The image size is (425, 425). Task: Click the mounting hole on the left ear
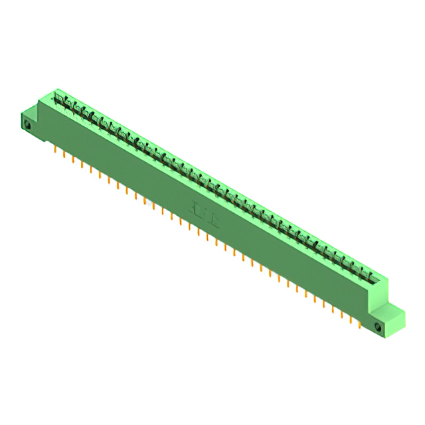[28, 124]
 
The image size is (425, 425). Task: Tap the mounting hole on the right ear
[379, 327]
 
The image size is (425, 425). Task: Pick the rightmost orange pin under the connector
[360, 325]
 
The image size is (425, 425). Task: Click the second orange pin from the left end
[64, 154]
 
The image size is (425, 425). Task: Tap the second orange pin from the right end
[351, 320]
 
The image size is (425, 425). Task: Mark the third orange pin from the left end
[73, 159]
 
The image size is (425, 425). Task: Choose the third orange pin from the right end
[342, 315]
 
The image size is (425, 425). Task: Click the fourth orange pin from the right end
[333, 309]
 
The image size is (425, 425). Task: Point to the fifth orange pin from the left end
[91, 169]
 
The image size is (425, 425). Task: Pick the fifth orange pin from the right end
[324, 304]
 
